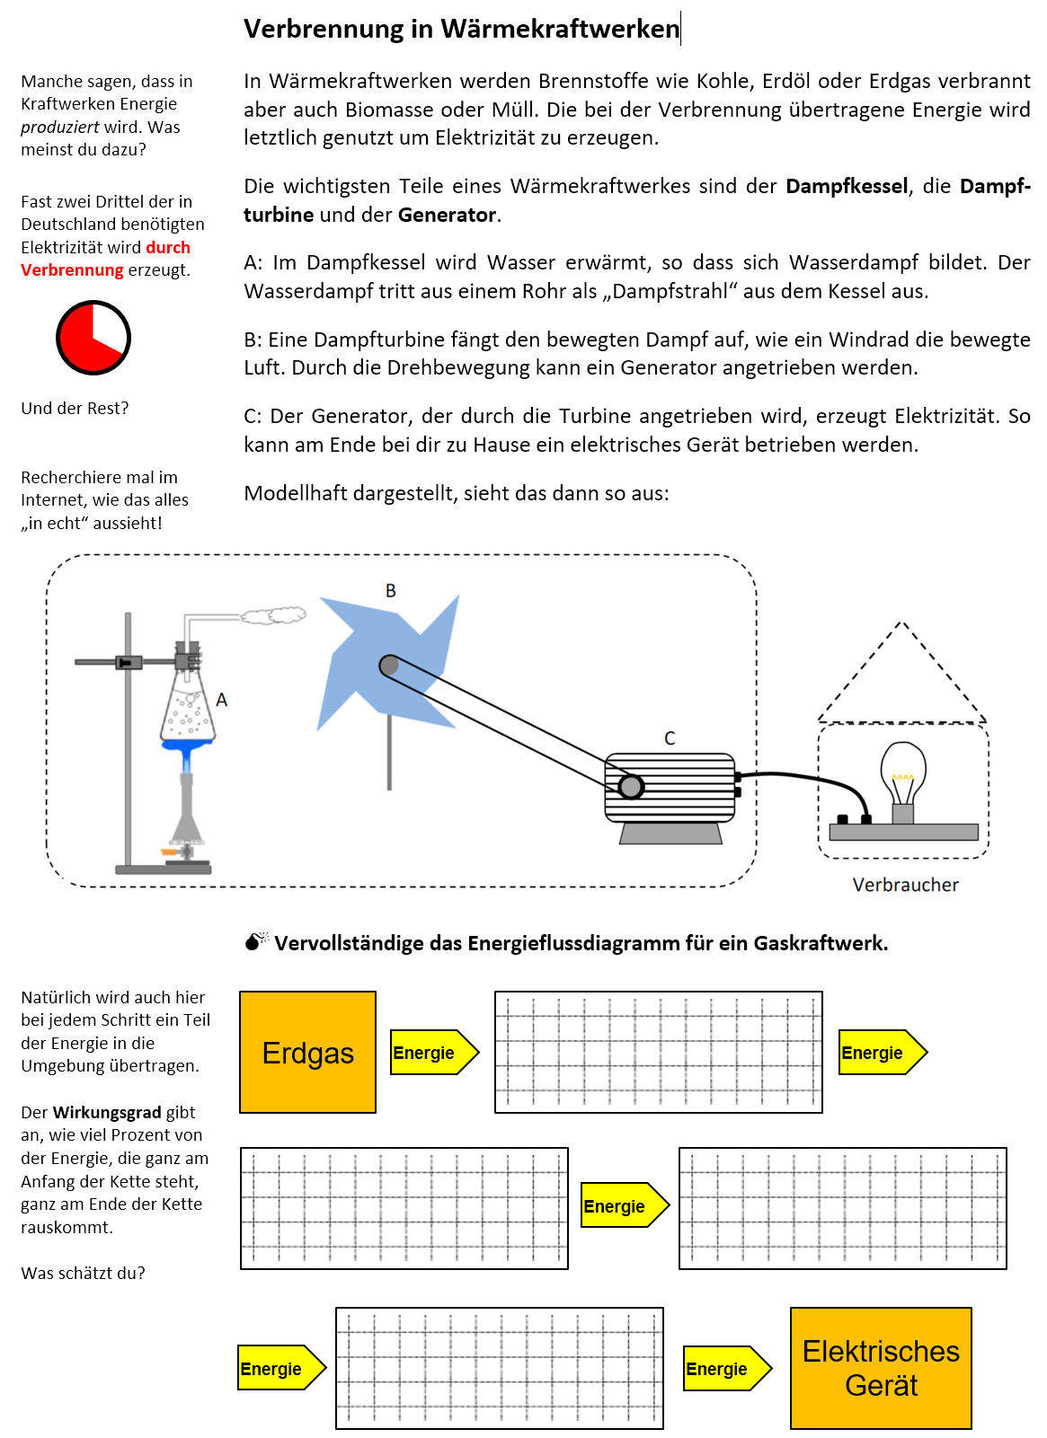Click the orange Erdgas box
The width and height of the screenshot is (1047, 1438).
click(307, 1052)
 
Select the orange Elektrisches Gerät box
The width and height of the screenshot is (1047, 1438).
click(881, 1367)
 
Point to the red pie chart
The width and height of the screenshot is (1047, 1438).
click(93, 338)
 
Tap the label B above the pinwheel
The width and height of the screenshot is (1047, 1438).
click(390, 591)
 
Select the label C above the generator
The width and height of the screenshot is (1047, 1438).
click(670, 738)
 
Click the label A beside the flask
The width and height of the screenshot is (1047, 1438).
click(222, 700)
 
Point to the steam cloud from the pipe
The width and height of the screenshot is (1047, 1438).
click(273, 615)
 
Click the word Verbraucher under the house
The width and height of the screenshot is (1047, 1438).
click(905, 885)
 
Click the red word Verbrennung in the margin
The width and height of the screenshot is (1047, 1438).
click(72, 270)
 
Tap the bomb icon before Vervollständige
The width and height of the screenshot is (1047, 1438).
click(256, 941)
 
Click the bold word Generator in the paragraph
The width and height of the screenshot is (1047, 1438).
click(447, 215)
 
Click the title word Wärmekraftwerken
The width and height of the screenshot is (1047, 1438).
click(559, 29)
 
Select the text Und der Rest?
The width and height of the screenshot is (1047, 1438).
click(75, 409)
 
